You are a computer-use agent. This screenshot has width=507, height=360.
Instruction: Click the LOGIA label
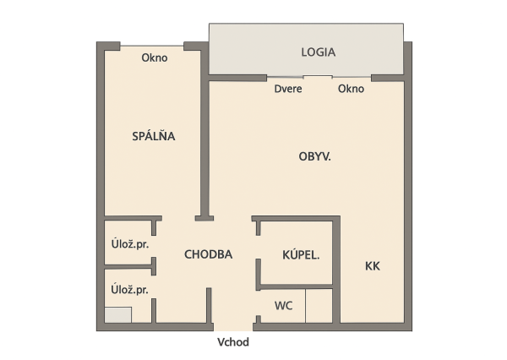coord(319,52)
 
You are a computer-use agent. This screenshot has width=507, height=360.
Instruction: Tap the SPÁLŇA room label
coord(154,136)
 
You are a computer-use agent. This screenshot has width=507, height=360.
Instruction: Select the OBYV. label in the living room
coord(314,157)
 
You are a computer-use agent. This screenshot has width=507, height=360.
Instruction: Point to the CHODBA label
coord(208,254)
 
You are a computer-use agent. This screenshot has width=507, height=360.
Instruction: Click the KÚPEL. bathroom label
coord(301,255)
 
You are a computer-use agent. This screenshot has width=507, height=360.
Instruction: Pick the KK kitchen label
coord(373,266)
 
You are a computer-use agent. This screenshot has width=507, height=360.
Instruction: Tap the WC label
coord(284,306)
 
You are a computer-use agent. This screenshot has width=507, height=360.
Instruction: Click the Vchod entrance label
coord(233,342)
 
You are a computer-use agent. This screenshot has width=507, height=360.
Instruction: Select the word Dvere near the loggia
coord(288,89)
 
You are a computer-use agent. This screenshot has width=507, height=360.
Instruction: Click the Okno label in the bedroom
coord(155,58)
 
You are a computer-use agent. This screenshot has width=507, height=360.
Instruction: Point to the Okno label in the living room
coord(352,89)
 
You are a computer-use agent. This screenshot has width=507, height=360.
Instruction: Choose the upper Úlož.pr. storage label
coord(130,244)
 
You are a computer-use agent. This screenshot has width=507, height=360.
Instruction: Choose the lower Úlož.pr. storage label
coord(129,290)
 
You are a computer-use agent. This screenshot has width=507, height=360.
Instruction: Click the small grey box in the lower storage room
coord(118,314)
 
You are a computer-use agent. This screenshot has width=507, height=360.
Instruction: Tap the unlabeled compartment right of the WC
coord(319,306)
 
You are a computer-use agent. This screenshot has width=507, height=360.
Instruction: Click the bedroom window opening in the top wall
coord(152,46)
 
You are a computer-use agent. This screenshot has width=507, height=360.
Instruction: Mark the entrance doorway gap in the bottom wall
coord(233,327)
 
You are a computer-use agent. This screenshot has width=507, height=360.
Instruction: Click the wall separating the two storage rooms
coord(130,266)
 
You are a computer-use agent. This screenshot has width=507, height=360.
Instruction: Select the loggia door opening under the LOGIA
coord(285,77)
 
